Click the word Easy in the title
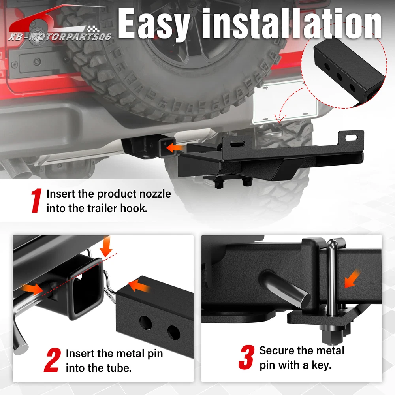pyautogui.click(x=154, y=24)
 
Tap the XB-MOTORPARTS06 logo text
pyautogui.click(x=60, y=37)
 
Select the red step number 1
pyautogui.click(x=36, y=201)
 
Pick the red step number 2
pyautogui.click(x=53, y=360)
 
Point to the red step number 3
pyautogui.click(x=246, y=357)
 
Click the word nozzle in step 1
pyautogui.click(x=155, y=194)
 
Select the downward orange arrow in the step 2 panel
pyautogui.click(x=106, y=246)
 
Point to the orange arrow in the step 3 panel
pyautogui.click(x=352, y=278)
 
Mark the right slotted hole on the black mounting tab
pyautogui.click(x=352, y=137)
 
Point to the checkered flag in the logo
pyautogui.click(x=93, y=30)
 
